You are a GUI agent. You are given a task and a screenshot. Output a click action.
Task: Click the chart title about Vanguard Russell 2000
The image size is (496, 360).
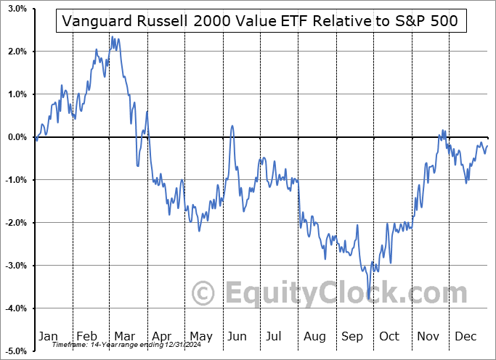261,21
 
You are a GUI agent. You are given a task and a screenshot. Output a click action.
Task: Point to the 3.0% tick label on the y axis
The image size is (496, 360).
17,9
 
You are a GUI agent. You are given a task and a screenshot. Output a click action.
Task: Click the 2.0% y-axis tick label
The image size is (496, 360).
17,52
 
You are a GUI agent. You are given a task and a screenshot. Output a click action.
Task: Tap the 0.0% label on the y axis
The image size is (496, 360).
17,137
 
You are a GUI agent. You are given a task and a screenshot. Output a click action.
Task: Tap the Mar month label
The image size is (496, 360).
125,336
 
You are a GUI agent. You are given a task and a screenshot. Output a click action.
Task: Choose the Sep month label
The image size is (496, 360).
353,336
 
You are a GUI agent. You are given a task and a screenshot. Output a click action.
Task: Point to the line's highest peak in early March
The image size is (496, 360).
112,38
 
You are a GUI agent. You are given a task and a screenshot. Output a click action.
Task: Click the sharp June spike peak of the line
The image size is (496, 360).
232,126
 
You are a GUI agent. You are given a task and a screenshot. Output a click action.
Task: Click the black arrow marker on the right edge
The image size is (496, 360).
489,137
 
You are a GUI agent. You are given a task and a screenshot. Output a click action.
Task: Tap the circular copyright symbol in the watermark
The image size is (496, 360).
205,293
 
